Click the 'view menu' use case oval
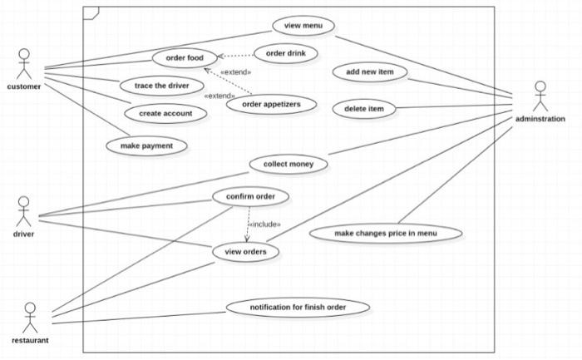[303, 26]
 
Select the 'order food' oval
[185, 57]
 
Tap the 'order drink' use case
[285, 54]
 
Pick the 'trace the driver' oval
[162, 85]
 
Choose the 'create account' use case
[165, 113]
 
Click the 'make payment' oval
[147, 145]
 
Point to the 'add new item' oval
[369, 72]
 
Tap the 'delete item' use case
[363, 108]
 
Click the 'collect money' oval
[289, 164]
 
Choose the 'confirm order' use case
[250, 196]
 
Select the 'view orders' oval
[245, 251]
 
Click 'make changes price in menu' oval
[385, 233]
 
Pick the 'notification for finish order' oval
[298, 308]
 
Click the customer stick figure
[24, 65]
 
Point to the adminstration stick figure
[540, 95]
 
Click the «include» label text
[264, 224]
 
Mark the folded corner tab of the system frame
[91, 12]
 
